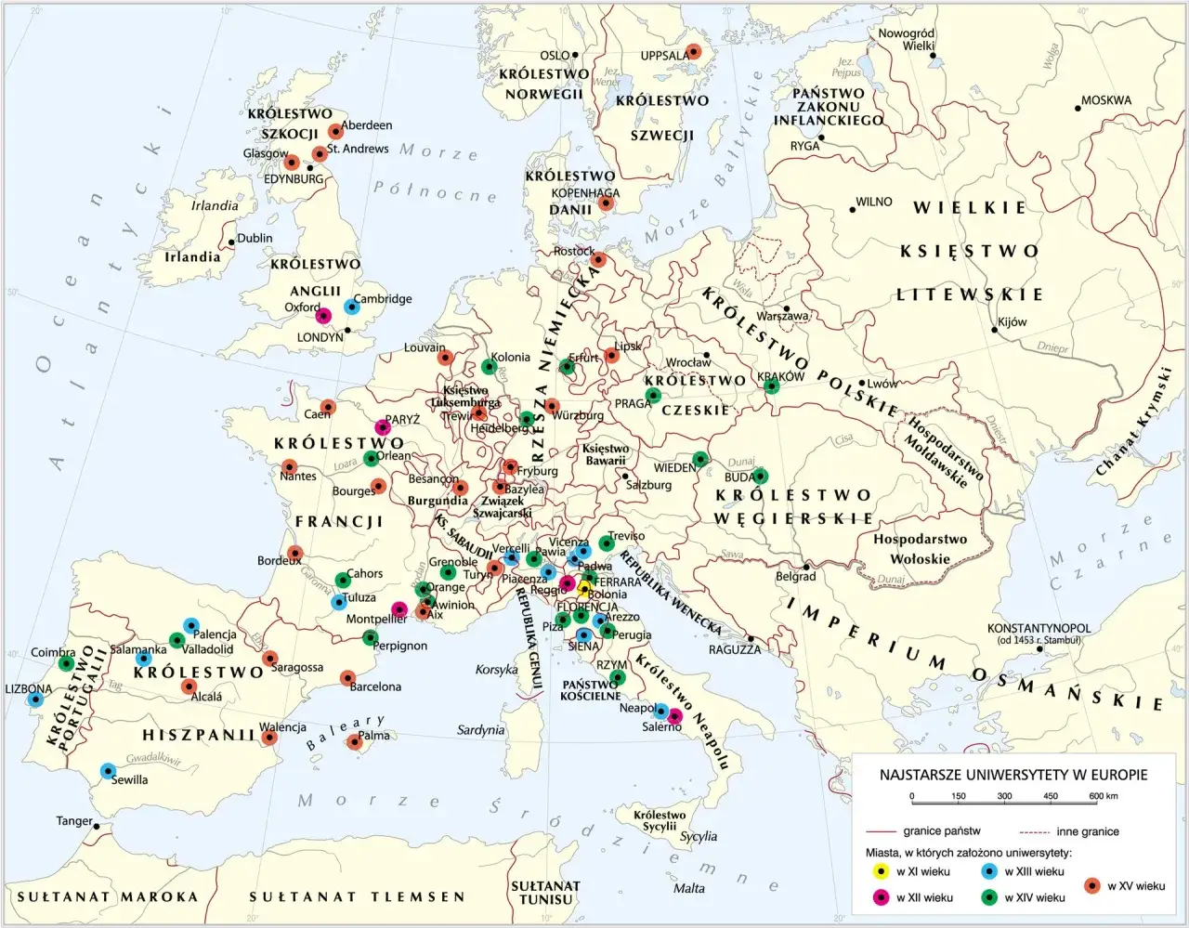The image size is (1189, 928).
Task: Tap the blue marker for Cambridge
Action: click(x=351, y=306)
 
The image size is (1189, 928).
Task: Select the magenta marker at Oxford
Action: click(x=324, y=315)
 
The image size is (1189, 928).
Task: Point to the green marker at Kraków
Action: click(x=770, y=386)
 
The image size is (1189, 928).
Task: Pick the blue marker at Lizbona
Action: click(x=35, y=699)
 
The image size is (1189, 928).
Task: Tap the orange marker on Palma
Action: click(x=354, y=741)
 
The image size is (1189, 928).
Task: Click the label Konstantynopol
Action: click(x=1039, y=628)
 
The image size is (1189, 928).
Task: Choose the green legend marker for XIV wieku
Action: click(x=989, y=897)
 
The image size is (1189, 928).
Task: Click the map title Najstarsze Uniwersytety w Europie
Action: click(x=1013, y=775)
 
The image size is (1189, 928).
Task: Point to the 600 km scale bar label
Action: click(x=1104, y=796)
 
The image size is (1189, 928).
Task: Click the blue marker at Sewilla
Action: click(x=108, y=770)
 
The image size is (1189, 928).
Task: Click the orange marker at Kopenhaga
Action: click(x=607, y=203)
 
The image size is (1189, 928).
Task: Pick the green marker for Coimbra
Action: click(x=66, y=663)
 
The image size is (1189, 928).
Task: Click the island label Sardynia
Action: click(x=480, y=730)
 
